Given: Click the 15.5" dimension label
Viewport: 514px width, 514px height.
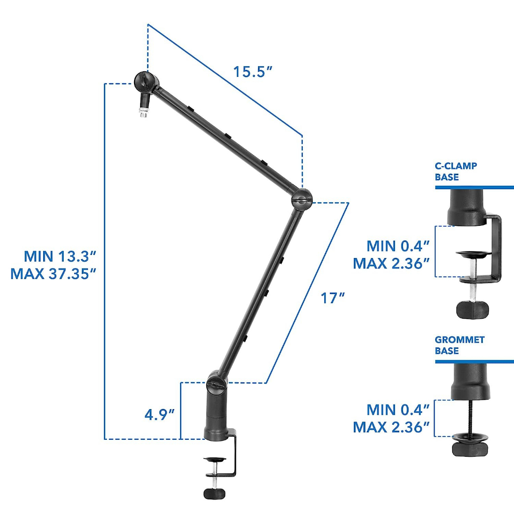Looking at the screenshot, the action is click(x=253, y=72).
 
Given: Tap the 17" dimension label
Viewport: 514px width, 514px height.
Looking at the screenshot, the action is click(x=332, y=298).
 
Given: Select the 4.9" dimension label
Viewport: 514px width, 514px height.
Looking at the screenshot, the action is click(x=159, y=415).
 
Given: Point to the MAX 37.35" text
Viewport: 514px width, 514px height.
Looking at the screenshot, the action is click(x=53, y=274).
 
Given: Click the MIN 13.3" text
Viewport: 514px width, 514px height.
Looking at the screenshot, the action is click(x=60, y=256).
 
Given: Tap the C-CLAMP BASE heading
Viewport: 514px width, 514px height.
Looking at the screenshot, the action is click(x=456, y=172).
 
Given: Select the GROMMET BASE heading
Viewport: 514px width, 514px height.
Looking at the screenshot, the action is click(x=460, y=345).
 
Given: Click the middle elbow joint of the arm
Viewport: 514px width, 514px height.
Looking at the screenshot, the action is click(x=302, y=199).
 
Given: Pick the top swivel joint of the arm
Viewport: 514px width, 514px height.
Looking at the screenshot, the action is click(x=146, y=82).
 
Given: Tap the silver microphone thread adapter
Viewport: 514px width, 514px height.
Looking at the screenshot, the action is click(x=143, y=112).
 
